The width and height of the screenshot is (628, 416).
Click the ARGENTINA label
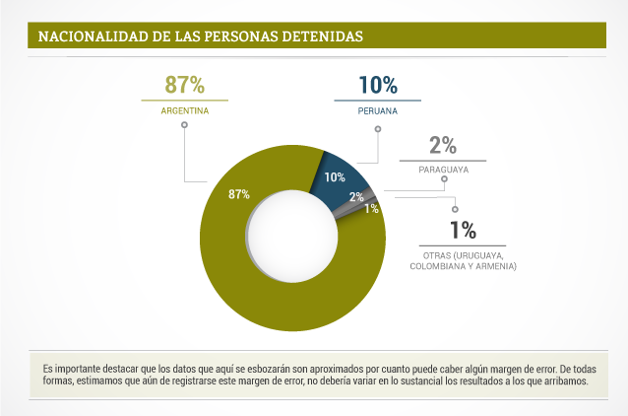click(x=185, y=111)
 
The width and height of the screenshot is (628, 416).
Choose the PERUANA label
click(x=378, y=111)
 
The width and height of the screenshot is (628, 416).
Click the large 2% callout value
click(x=443, y=145)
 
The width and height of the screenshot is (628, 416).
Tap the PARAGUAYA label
click(x=443, y=170)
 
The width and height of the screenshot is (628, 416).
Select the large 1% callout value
click(x=463, y=231)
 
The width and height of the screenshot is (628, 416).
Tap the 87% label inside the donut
click(x=239, y=194)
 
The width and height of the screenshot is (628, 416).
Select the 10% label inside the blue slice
click(x=334, y=177)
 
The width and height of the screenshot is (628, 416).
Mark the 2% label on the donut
click(x=355, y=197)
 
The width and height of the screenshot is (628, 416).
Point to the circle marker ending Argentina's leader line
click(x=184, y=126)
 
